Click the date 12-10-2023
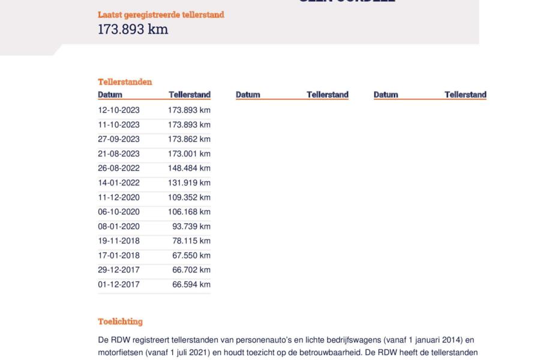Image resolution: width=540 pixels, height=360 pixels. pyautogui.click(x=119, y=110)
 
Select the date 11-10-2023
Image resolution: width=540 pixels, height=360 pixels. pyautogui.click(x=119, y=125)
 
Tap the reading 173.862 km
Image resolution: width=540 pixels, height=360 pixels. pyautogui.click(x=189, y=139)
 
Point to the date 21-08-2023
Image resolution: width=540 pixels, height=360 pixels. pyautogui.click(x=119, y=154)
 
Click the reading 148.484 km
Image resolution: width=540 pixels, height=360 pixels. pyautogui.click(x=189, y=168)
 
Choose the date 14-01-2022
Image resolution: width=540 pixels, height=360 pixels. pyautogui.click(x=119, y=183)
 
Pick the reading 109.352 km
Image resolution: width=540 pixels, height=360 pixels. pyautogui.click(x=189, y=197)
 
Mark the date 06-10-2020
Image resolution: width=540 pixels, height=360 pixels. pyautogui.click(x=119, y=212)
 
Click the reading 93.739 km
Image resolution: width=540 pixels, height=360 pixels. pyautogui.click(x=191, y=226)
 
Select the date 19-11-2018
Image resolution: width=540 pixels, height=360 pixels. pyautogui.click(x=119, y=241)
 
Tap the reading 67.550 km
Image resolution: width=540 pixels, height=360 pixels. pyautogui.click(x=191, y=256)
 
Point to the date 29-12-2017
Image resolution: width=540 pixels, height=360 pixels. pyautogui.click(x=119, y=270)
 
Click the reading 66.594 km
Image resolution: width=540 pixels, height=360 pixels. pyautogui.click(x=191, y=284)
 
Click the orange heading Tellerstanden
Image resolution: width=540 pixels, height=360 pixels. pyautogui.click(x=125, y=82)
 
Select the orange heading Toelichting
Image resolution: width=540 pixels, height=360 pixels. pyautogui.click(x=120, y=322)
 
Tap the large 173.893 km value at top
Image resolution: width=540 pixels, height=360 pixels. pyautogui.click(x=133, y=29)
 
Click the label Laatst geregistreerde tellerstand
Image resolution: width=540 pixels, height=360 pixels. pyautogui.click(x=161, y=14)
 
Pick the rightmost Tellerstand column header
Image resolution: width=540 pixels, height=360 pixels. pyautogui.click(x=465, y=95)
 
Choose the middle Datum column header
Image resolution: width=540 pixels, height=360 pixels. pyautogui.click(x=248, y=95)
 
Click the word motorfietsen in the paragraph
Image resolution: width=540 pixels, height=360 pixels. pyautogui.click(x=120, y=352)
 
